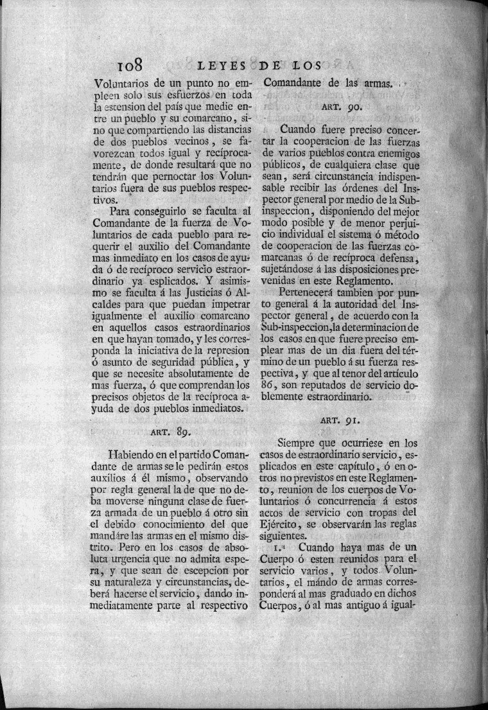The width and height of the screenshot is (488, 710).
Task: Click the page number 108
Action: coord(134,66)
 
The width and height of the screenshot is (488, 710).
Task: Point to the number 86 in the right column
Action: coord(272,384)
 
